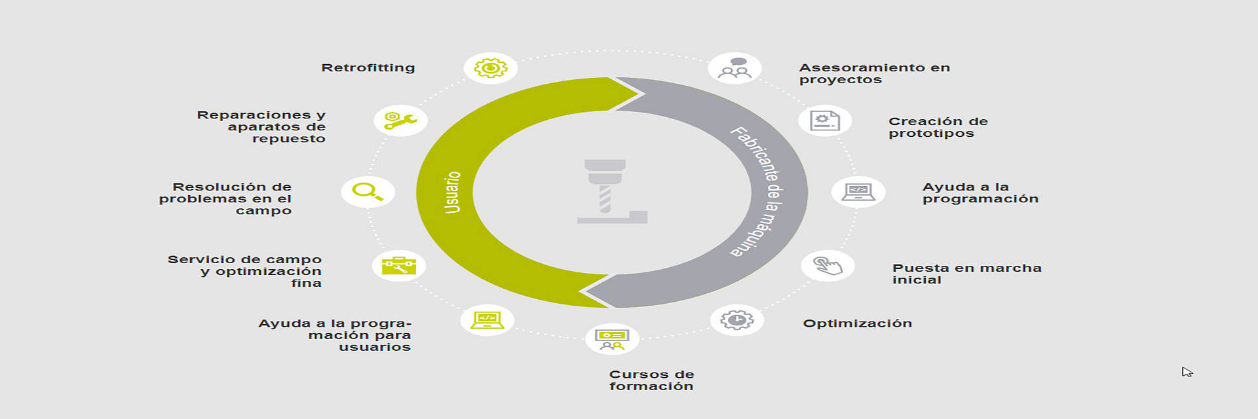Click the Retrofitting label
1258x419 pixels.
pyautogui.click(x=368, y=68)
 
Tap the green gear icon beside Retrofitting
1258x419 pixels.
pyautogui.click(x=491, y=68)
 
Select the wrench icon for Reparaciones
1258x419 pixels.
pyautogui.click(x=400, y=120)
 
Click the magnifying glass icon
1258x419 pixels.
pyautogui.click(x=368, y=192)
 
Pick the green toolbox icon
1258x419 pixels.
pyautogui.click(x=399, y=265)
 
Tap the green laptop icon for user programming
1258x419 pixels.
pyautogui.click(x=487, y=320)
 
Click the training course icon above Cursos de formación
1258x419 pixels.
pyautogui.click(x=612, y=338)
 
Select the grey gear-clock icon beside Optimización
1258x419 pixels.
pyautogui.click(x=737, y=320)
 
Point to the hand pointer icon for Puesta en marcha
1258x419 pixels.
pyautogui.click(x=828, y=266)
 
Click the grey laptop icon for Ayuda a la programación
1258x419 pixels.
pyautogui.click(x=858, y=192)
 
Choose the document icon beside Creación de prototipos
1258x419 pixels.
pyautogui.click(x=825, y=121)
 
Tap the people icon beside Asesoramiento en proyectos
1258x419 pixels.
pyautogui.click(x=735, y=68)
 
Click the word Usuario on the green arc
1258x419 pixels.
pyautogui.click(x=453, y=192)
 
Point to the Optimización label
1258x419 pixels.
pyautogui.click(x=857, y=323)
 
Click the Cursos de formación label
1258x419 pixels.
pyautogui.click(x=651, y=380)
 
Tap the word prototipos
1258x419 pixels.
pyautogui.click(x=931, y=134)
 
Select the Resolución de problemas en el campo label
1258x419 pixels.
pyautogui.click(x=225, y=198)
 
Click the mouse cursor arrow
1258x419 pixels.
pyautogui.click(x=1186, y=371)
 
